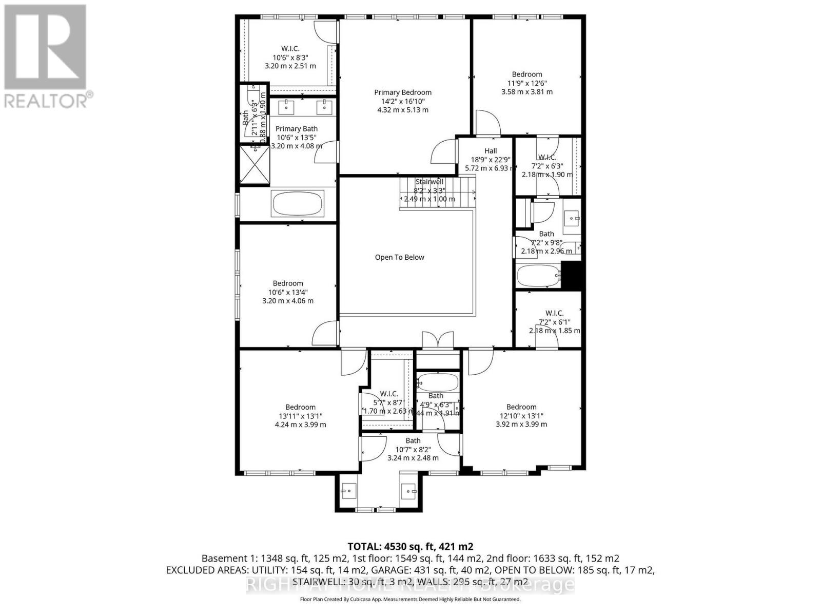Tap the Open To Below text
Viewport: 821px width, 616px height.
pyautogui.click(x=399, y=257)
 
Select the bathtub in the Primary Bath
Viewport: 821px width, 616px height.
pyautogui.click(x=298, y=203)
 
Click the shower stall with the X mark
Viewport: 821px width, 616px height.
pyautogui.click(x=255, y=164)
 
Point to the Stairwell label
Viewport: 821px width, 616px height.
pyautogui.click(x=429, y=182)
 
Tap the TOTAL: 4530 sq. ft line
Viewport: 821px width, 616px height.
pyautogui.click(x=410, y=546)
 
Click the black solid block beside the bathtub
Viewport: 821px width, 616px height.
pyautogui.click(x=572, y=275)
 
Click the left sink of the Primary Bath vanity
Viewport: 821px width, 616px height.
pyautogui.click(x=285, y=107)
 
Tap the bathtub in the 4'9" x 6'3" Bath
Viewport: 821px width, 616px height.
pyautogui.click(x=438, y=382)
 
